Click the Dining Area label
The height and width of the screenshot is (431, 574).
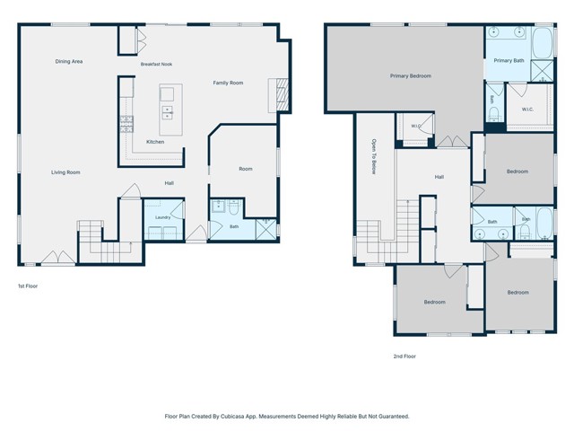point(69,62)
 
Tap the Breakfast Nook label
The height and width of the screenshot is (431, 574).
point(156,64)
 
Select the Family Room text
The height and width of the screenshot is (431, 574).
point(228,83)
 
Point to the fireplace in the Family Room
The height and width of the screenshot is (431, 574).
point(282,95)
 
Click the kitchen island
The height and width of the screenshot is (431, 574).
point(170,110)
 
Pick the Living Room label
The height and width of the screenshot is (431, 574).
point(65,172)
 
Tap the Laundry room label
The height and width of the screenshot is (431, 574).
point(162,217)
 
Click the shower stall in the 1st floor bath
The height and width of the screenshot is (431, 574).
point(266,230)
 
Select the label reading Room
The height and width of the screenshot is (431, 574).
point(246,169)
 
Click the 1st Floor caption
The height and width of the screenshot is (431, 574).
point(28,286)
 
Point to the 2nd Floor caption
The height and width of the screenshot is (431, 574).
point(404,356)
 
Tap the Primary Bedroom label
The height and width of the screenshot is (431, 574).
point(411,75)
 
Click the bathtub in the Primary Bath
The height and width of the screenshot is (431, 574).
point(542,42)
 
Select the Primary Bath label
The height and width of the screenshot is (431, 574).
point(509,60)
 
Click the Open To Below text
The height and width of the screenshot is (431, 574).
point(374,156)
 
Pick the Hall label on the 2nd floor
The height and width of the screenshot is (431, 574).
point(439,177)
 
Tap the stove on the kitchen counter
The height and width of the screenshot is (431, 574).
point(126,124)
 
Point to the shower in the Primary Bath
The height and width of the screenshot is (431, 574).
point(542,71)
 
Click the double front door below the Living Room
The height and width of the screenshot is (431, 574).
point(57,258)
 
